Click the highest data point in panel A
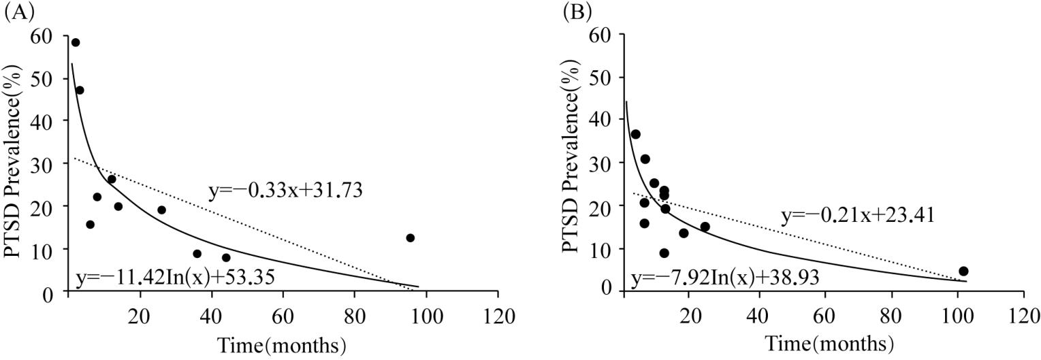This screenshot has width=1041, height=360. pos(76,42)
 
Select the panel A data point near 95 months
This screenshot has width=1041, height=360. pos(410,238)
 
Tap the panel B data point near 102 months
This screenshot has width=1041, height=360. pos(963,271)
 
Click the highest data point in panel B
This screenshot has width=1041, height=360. pos(635,134)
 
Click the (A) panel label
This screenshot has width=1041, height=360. pos(16,12)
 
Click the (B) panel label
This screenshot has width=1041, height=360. pos(577,12)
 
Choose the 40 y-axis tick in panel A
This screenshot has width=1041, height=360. pos(47,120)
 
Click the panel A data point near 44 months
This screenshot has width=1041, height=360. pos(226,257)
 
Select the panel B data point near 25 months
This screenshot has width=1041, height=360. pos(705,227)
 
